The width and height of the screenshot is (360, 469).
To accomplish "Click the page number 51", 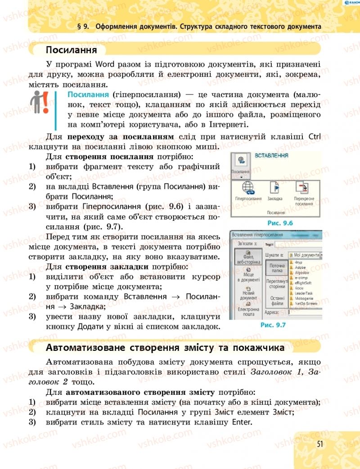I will [320, 444].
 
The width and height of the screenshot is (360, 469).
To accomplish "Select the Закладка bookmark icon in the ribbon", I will [274, 187].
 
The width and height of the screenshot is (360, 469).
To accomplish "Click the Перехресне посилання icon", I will [304, 188].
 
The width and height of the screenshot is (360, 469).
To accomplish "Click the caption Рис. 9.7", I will [274, 325].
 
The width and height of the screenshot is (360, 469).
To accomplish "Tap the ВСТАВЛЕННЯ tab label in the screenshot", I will [271, 156].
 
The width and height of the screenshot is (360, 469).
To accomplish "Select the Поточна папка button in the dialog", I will [274, 268].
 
